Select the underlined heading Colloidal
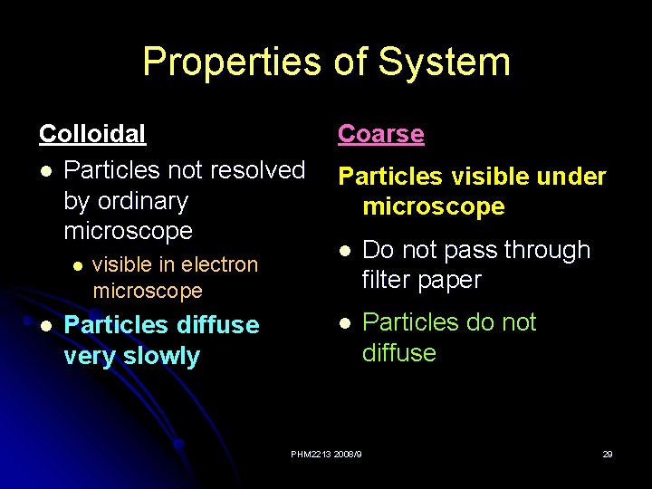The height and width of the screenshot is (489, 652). (x=91, y=134)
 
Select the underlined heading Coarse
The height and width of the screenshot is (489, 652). (x=380, y=134)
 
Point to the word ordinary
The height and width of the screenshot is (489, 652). (x=126, y=200)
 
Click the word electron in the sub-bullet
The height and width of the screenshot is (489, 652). (x=222, y=264)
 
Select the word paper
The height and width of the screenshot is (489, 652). (x=451, y=280)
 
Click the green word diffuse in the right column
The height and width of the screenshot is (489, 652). (x=398, y=352)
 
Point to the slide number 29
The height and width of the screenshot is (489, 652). (x=608, y=454)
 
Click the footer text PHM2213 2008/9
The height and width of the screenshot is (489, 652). (x=326, y=454)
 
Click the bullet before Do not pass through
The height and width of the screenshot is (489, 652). (x=345, y=250)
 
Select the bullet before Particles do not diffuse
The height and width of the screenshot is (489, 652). (x=345, y=322)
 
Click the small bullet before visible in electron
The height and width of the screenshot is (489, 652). (x=77, y=265)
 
